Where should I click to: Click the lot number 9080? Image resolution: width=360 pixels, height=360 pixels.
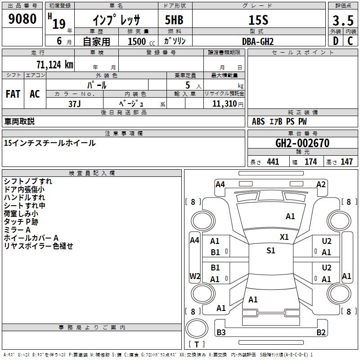click(22, 19)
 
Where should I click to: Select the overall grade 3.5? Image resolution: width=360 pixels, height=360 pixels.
click(343, 21)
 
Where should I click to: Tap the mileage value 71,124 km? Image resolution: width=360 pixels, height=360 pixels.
click(55, 64)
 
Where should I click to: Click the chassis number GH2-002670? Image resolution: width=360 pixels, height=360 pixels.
click(302, 143)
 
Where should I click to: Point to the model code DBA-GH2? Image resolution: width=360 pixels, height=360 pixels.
click(258, 41)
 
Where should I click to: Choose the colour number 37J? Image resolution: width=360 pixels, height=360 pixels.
click(75, 104)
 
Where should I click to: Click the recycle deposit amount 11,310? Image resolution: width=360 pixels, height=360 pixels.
click(225, 104)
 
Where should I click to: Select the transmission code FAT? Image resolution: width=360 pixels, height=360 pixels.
click(13, 94)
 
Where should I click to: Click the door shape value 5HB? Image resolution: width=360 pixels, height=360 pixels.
click(174, 20)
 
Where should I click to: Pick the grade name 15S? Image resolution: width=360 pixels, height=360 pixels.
click(258, 20)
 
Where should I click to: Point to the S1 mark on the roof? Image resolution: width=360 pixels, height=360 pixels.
click(271, 250)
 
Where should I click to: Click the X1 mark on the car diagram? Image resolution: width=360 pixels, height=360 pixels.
click(284, 237)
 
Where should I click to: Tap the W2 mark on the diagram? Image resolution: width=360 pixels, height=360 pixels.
click(195, 276)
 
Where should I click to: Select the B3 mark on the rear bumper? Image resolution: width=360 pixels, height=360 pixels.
click(221, 332)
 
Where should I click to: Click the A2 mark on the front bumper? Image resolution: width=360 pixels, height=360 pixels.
click(321, 184)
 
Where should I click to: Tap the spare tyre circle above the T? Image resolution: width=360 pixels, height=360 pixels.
click(197, 328)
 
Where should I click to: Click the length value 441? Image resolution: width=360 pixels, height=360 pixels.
click(273, 162)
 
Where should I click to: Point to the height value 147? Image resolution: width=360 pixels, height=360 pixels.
click(346, 162)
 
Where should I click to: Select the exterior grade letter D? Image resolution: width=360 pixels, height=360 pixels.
click(336, 41)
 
